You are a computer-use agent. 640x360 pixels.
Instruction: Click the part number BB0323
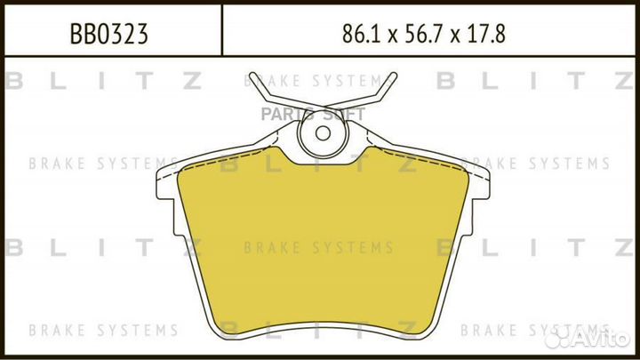coord(108,34)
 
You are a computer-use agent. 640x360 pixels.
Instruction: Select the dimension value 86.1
coord(359,34)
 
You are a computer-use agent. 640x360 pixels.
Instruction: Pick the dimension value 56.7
coord(423,34)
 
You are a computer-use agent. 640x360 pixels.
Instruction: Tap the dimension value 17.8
coord(486,34)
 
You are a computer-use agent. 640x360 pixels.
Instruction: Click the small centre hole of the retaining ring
coord(323,133)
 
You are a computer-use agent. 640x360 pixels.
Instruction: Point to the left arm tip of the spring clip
coord(252,75)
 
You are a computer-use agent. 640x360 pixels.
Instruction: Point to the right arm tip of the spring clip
coord(394,75)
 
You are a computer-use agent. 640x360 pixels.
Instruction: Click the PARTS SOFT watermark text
coord(313,115)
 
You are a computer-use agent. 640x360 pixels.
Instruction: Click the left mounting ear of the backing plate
coord(167,185)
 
